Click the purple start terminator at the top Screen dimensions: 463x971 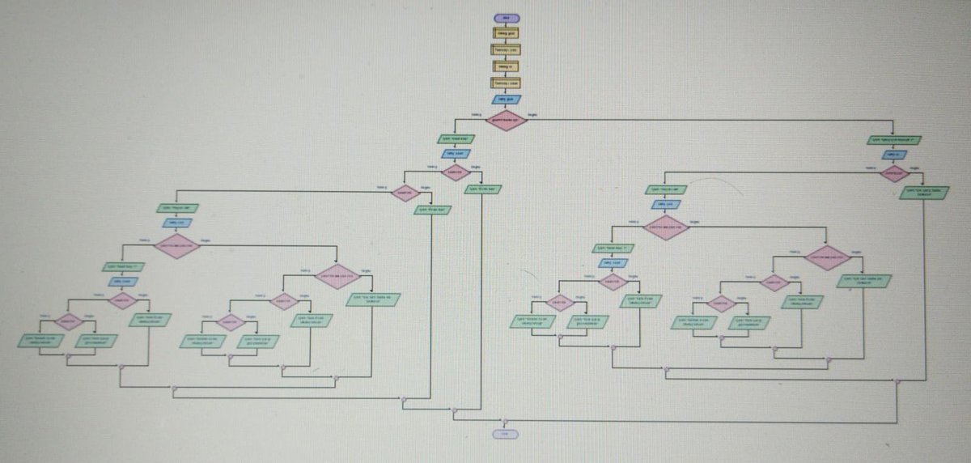tap(506, 18)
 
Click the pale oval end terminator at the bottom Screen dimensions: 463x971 tap(505, 434)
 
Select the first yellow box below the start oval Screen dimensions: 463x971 tap(506, 33)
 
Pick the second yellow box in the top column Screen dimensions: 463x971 tap(506, 49)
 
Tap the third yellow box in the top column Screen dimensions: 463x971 tap(506, 66)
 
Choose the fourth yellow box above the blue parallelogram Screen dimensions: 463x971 tap(506, 83)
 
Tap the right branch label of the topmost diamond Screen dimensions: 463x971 tap(532, 115)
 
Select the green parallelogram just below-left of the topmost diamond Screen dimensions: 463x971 tap(456, 139)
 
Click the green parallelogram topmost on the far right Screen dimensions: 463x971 tap(893, 140)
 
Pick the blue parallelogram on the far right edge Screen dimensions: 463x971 tap(893, 155)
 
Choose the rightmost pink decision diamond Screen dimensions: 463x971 tap(893, 172)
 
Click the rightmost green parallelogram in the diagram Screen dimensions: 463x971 tap(924, 193)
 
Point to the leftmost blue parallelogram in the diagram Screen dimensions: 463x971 tap(123, 282)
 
